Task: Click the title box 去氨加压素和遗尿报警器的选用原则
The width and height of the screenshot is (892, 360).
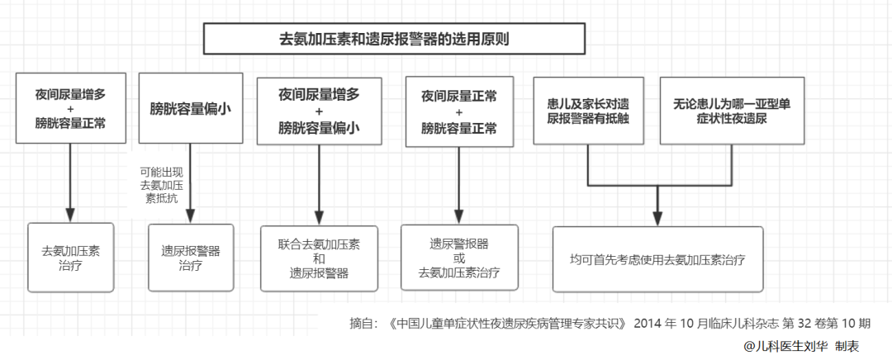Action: (394, 39)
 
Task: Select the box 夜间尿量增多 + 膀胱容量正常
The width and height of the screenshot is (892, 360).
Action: (70, 109)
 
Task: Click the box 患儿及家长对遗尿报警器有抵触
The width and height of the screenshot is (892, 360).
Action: (588, 111)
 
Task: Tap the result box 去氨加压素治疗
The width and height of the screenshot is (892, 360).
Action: (70, 257)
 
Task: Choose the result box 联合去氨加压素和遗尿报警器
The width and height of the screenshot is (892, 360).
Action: (319, 258)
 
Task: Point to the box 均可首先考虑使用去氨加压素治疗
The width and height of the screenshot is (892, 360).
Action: (657, 258)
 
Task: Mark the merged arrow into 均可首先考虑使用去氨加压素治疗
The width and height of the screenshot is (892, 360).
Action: (657, 204)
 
